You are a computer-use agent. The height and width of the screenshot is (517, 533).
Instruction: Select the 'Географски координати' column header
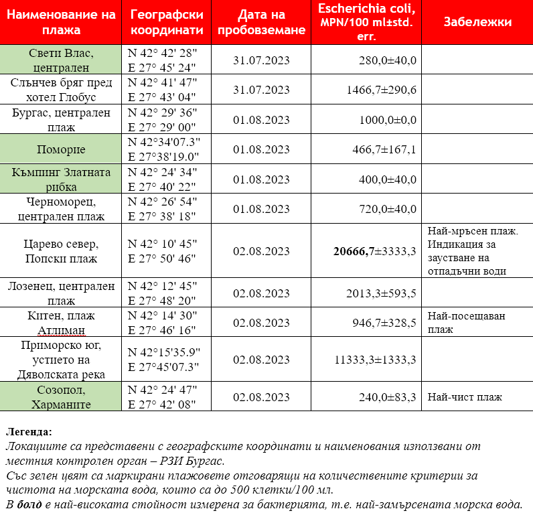[x=167, y=23]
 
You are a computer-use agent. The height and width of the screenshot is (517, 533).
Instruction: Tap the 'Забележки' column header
[x=477, y=23]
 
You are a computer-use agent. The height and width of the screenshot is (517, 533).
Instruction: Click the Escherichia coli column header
[x=366, y=23]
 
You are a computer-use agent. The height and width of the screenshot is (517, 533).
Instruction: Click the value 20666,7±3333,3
[x=375, y=251]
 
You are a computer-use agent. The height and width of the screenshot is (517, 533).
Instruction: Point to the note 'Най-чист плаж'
[x=465, y=397]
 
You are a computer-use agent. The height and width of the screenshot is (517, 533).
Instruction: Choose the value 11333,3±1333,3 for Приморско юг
[x=375, y=360]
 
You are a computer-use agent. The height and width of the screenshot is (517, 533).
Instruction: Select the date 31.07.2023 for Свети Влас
[x=261, y=60]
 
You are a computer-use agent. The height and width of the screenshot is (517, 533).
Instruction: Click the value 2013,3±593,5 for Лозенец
[x=381, y=293]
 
